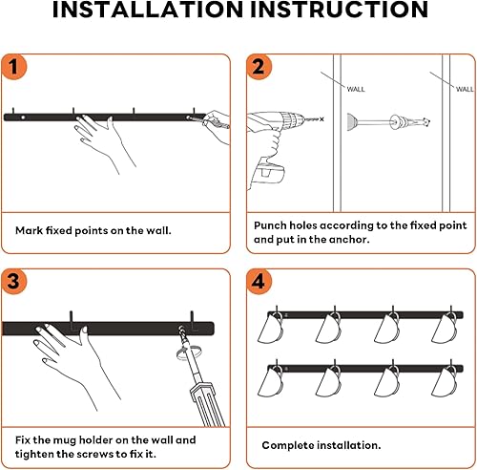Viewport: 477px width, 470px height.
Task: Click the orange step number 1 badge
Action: [14, 67]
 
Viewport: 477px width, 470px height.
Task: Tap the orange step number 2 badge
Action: [259, 67]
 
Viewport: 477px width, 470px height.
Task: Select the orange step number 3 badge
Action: [14, 282]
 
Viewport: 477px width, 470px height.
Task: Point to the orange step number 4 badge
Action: [259, 282]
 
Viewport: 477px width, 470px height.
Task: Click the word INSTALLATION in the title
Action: [148, 10]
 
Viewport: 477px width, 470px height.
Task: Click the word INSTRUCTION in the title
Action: [339, 10]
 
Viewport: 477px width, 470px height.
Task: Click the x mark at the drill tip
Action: [321, 119]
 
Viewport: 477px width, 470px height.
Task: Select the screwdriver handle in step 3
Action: [207, 404]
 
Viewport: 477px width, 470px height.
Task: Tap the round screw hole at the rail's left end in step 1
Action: [23, 117]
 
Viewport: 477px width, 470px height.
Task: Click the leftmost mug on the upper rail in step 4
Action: [270, 328]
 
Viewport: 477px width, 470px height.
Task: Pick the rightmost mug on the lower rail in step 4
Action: [445, 381]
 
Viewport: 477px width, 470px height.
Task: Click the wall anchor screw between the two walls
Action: [388, 121]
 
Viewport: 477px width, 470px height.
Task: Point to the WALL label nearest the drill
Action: [356, 89]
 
